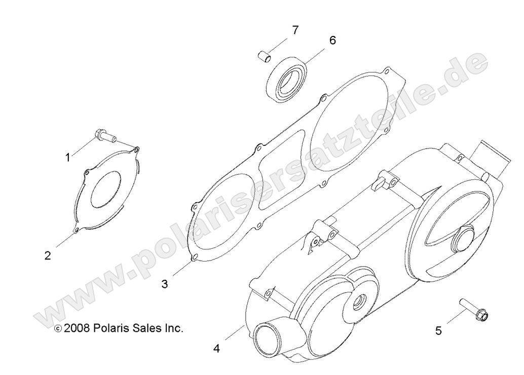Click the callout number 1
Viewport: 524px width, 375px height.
pos(67,158)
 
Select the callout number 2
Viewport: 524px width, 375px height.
pos(48,255)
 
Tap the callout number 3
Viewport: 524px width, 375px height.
pos(164,284)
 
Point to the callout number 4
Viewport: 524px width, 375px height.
pos(216,348)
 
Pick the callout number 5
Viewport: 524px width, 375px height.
pos(438,331)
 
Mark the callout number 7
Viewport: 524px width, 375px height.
pos(294,30)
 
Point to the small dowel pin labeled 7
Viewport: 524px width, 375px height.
pos(263,55)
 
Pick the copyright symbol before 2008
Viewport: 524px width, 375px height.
pos(58,329)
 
